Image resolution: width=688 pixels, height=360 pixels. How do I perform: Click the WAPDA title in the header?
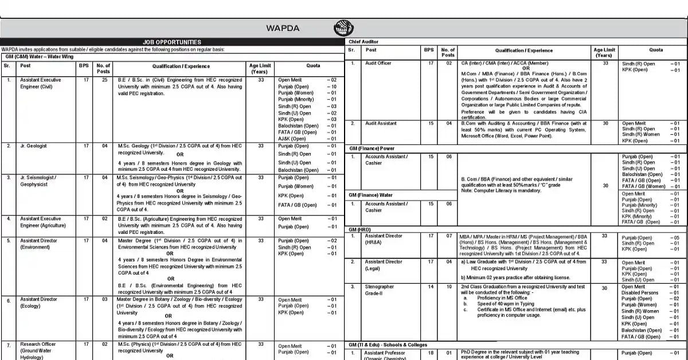pos(283,28)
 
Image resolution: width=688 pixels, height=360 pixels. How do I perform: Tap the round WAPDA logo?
pos(344,28)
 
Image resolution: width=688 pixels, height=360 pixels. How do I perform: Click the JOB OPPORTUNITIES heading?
pos(172,42)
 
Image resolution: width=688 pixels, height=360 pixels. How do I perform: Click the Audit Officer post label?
pos(378,63)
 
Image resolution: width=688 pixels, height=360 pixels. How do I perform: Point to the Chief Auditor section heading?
pos(363,42)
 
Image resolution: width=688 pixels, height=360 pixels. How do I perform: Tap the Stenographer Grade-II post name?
pos(380,289)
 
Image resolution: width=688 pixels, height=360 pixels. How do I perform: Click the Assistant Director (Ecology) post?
pos(39,303)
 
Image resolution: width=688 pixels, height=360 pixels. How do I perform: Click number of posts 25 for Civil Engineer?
pos(103,80)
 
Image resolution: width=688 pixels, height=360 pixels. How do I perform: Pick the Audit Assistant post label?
pos(381,123)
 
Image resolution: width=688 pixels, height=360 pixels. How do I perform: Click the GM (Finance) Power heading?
pos(372,148)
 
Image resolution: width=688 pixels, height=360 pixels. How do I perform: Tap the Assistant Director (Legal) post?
pos(384,265)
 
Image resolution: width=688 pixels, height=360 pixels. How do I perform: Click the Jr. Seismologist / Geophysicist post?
pos(38,181)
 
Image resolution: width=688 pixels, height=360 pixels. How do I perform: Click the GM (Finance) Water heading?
pos(371,195)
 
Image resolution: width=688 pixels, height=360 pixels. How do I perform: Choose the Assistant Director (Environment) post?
pos(40,244)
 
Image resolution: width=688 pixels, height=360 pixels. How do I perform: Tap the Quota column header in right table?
pos(656,50)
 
